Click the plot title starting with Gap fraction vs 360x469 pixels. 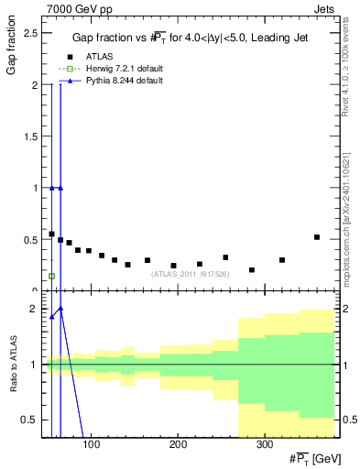tap(191, 38)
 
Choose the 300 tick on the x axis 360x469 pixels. tap(263, 445)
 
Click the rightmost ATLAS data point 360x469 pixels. tap(317, 237)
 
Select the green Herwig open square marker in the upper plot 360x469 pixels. tap(51, 276)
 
